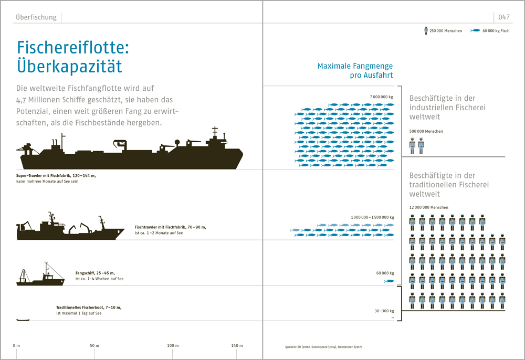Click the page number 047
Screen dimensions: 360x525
[504, 17]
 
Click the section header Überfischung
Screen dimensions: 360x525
[36, 17]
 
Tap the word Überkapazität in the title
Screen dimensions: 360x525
[69, 67]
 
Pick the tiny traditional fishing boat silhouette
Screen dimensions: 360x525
[23, 319]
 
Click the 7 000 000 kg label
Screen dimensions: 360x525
[382, 97]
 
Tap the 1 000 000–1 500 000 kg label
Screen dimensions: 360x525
[372, 217]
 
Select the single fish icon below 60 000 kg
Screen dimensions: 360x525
[389, 282]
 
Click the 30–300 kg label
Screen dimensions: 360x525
[384, 311]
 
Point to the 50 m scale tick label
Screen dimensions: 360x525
[94, 345]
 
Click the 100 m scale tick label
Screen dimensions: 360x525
[173, 345]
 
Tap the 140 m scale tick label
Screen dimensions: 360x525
[237, 345]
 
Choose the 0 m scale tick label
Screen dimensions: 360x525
[16, 345]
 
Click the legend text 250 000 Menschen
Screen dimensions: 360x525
[446, 31]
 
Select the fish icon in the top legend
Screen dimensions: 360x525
[475, 30]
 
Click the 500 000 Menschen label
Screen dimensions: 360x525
[426, 131]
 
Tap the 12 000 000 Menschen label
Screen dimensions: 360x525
[429, 207]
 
